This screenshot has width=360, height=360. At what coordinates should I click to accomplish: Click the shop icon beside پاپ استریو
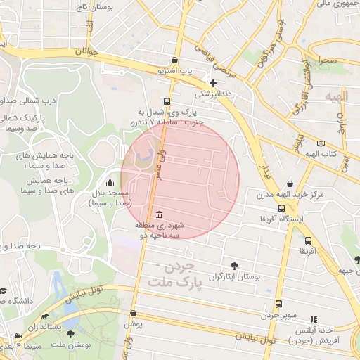point(174,60)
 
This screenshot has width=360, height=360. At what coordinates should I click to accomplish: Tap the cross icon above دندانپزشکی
point(214,83)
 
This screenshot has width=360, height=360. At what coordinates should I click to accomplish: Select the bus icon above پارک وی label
point(167,101)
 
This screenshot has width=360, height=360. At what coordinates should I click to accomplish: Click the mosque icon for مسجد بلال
point(109,183)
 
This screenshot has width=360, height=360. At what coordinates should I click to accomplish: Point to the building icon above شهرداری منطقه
point(160,214)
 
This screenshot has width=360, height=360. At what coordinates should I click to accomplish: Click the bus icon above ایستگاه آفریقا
point(282,209)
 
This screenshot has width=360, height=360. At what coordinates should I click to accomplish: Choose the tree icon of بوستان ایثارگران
point(234,266)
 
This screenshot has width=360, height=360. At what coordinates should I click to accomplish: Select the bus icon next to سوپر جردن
point(278,304)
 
